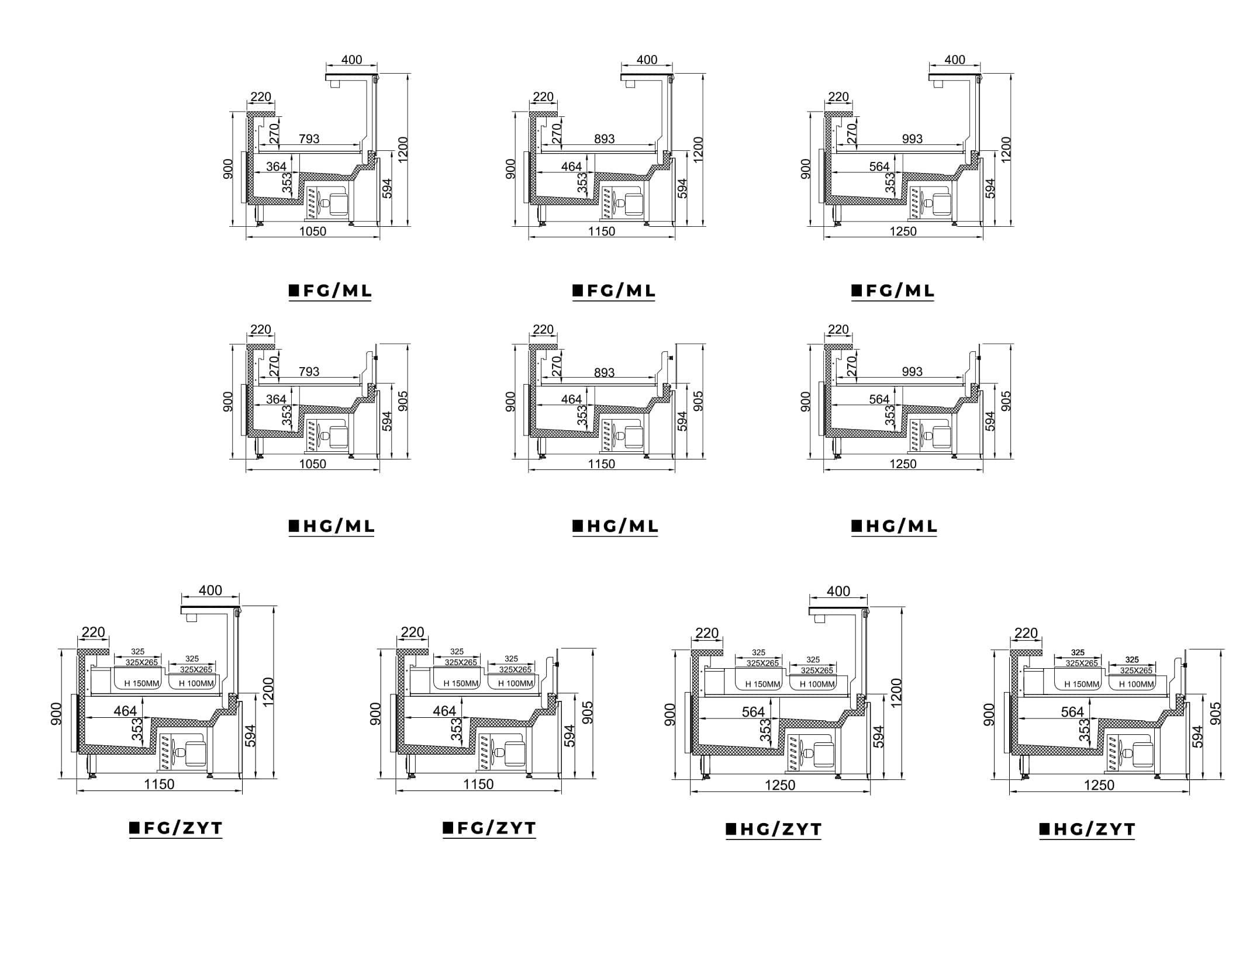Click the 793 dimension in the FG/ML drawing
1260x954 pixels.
tap(309, 139)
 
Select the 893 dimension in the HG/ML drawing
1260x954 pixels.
tap(604, 372)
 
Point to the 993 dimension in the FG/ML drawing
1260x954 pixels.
tap(912, 139)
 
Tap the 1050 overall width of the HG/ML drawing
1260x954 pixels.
tap(313, 464)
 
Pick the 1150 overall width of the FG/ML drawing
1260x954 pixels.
tap(602, 231)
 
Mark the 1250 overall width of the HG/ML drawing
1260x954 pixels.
tap(903, 464)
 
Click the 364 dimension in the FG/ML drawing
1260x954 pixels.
tap(277, 167)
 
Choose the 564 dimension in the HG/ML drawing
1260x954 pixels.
tap(879, 399)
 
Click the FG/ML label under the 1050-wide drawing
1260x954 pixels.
tap(331, 291)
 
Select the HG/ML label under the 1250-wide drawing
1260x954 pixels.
tap(894, 526)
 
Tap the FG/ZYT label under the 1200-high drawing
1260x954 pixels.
tap(176, 828)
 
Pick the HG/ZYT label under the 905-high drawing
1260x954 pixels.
tap(1088, 829)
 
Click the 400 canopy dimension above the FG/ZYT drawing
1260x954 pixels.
tap(210, 590)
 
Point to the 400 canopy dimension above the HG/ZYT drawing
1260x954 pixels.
tap(838, 591)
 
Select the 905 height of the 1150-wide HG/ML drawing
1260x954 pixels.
tap(698, 401)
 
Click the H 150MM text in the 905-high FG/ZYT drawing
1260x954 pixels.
tap(461, 683)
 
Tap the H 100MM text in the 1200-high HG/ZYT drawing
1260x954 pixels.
tap(817, 684)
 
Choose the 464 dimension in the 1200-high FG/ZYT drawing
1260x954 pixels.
tap(125, 711)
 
